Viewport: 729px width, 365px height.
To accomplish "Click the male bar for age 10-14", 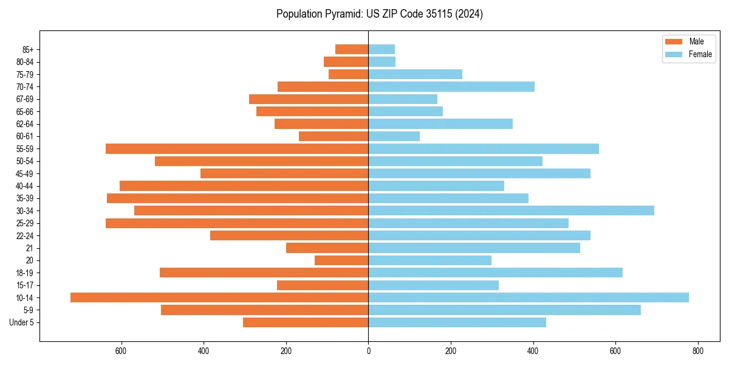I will point(219,297).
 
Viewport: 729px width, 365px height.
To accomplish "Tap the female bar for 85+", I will point(382,49).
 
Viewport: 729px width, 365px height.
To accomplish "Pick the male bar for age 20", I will point(341,260).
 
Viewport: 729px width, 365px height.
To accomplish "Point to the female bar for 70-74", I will point(451,86).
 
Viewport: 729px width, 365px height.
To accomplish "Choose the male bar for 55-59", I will point(237,148).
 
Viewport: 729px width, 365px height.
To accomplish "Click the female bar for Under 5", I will point(457,322).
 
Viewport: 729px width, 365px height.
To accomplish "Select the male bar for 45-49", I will point(284,173).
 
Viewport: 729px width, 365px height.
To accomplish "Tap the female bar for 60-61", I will point(394,136).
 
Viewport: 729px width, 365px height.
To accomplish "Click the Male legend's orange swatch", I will point(674,41).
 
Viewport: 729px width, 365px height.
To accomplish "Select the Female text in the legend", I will point(700,54).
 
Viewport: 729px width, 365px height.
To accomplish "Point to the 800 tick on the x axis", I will point(698,351).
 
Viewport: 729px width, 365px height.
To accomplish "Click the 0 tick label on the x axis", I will point(368,351).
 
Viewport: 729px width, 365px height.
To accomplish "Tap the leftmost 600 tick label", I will point(121,351).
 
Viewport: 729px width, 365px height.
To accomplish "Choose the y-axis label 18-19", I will point(25,273).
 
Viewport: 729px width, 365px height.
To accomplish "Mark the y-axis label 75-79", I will point(25,74).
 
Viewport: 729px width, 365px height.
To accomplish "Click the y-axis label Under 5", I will point(21,322).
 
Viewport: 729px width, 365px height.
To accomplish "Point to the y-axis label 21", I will point(30,248).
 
